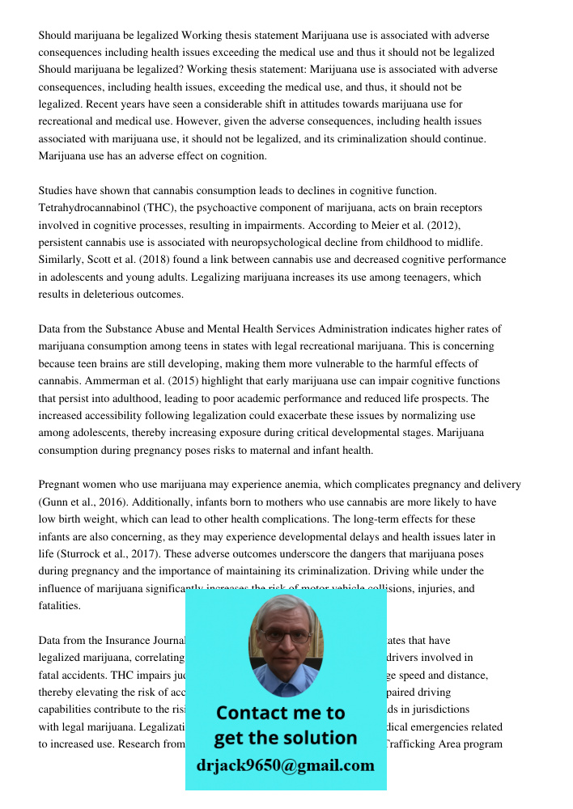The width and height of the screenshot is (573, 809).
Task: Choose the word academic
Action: coord(291,398)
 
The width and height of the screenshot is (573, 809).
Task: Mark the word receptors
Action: coord(460,208)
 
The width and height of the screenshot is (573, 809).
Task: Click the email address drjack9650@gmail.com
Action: coord(286,765)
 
